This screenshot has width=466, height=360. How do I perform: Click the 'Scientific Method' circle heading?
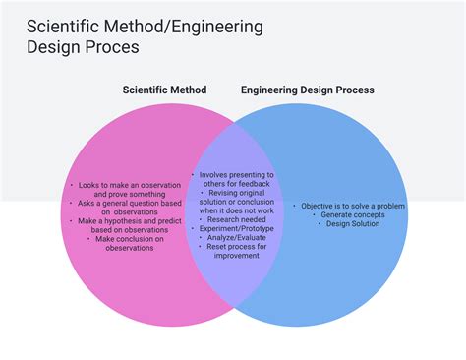point(164,90)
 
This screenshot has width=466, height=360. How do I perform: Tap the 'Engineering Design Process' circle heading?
point(307,90)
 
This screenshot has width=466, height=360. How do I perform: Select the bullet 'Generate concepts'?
point(350,214)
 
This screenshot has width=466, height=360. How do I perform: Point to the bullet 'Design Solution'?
point(351,223)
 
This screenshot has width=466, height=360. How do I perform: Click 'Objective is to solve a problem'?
point(352,206)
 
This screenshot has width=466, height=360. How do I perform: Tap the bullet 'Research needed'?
point(236,219)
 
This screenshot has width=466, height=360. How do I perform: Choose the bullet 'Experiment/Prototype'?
point(236,228)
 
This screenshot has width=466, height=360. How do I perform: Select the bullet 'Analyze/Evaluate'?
point(236,237)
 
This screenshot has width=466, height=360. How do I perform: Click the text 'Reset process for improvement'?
point(236,251)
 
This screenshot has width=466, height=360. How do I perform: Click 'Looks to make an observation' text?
point(127,185)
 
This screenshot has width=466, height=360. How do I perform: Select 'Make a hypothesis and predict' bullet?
point(128,221)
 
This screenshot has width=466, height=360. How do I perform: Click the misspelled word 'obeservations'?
point(130,248)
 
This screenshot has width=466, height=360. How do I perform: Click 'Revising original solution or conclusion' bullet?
point(236,201)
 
